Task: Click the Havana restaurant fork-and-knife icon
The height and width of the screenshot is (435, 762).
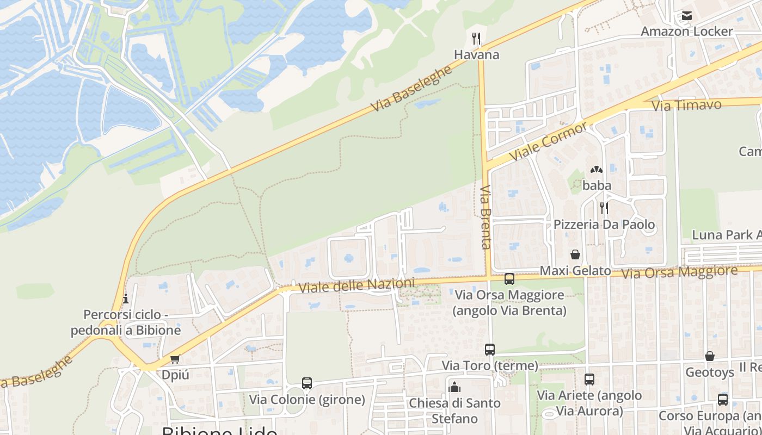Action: (476, 39)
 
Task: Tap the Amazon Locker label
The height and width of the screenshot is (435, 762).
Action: (687, 31)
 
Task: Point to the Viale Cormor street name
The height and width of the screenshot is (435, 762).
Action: (548, 141)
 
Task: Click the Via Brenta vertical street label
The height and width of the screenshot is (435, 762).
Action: (486, 217)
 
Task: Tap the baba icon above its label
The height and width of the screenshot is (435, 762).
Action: (597, 170)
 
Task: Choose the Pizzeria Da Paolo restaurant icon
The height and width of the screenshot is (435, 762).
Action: (604, 207)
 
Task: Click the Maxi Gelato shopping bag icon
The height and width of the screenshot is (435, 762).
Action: (575, 254)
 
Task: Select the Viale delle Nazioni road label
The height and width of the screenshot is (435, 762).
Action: (356, 285)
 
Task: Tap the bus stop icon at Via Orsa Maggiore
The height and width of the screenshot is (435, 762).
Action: (509, 279)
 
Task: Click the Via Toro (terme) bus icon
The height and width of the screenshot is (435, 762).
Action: (490, 350)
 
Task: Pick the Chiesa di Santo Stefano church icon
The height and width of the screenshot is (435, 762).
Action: (454, 387)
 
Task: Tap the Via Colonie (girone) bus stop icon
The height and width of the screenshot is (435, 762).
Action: (307, 383)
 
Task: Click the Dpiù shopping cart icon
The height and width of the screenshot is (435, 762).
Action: (175, 359)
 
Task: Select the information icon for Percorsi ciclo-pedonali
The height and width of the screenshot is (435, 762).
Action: (126, 299)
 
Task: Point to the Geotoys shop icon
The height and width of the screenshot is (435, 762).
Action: (710, 356)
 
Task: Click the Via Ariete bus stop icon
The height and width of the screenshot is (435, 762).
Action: (589, 380)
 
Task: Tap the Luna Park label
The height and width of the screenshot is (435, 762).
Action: (726, 235)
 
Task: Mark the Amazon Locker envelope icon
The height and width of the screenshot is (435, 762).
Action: (687, 16)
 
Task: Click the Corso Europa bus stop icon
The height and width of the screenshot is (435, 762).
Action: (723, 400)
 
